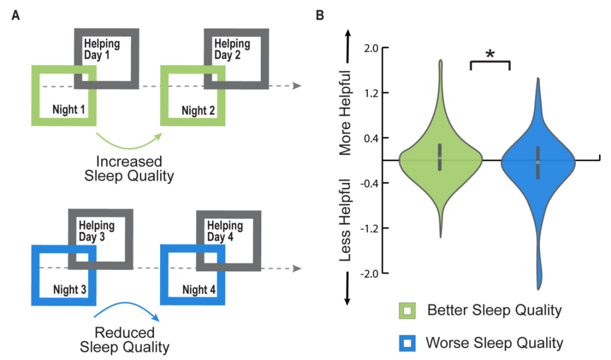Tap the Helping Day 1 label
click(x=102, y=49)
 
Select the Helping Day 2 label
click(x=232, y=49)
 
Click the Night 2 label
click(x=198, y=109)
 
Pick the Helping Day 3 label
click(x=96, y=231)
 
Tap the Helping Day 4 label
click(x=225, y=231)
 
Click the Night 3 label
click(x=69, y=290)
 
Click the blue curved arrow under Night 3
click(x=129, y=311)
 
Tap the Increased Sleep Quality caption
click(x=129, y=168)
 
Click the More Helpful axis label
click(x=346, y=113)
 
